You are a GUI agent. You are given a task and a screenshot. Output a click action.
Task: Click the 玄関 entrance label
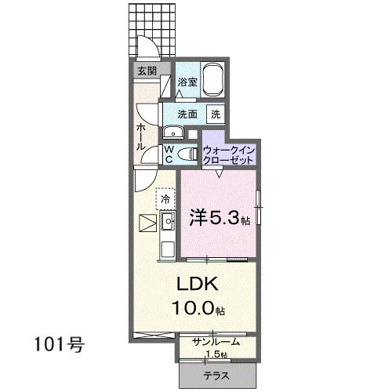(x=147, y=71)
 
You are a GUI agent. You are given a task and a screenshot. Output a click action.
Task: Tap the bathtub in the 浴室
(x=214, y=79)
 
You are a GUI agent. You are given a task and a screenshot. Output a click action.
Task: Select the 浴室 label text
(x=187, y=82)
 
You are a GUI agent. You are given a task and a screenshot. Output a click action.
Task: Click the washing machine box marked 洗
(x=216, y=114)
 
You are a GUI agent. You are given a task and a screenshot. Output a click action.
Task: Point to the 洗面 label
(x=187, y=114)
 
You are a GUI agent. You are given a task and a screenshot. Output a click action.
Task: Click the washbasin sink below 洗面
(x=173, y=132)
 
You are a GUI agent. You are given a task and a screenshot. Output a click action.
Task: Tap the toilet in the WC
(x=187, y=154)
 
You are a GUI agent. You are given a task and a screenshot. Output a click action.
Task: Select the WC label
(x=169, y=154)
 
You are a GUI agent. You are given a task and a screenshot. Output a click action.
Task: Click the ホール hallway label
(x=141, y=136)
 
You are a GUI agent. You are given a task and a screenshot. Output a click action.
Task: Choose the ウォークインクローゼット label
(x=229, y=155)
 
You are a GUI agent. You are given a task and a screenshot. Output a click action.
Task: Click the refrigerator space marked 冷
(x=165, y=199)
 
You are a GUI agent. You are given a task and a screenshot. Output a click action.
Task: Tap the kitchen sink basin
(x=168, y=221)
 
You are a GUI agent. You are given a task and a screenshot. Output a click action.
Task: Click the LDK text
(x=198, y=284)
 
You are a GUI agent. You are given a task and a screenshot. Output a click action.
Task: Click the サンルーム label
(x=216, y=342)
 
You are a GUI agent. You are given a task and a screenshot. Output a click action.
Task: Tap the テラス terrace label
(x=216, y=376)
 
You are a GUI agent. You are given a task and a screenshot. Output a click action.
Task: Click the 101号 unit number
(x=60, y=344)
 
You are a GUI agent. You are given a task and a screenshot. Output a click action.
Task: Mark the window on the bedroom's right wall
(x=258, y=207)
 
